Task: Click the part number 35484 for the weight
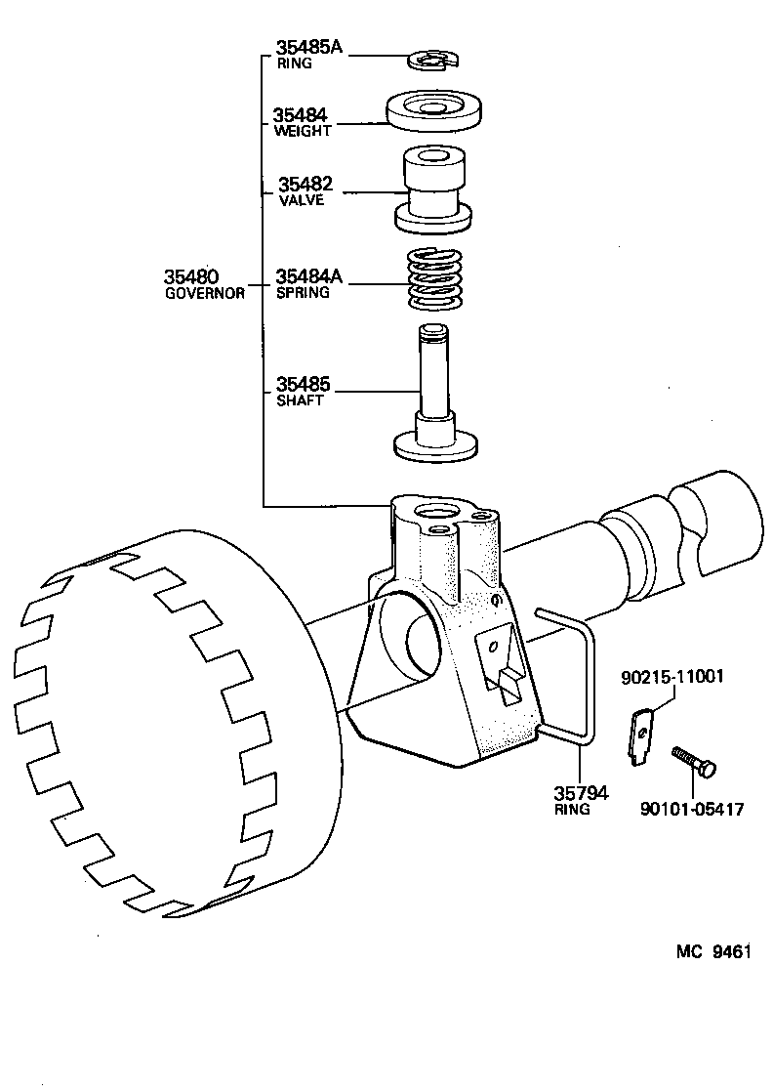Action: pos(300,114)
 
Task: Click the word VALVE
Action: pos(301,200)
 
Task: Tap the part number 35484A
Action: pos(308,276)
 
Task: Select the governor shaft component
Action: pos(436,400)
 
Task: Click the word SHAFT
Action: pos(300,400)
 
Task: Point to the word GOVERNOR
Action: pos(204,293)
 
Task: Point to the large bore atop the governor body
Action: pos(432,512)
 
